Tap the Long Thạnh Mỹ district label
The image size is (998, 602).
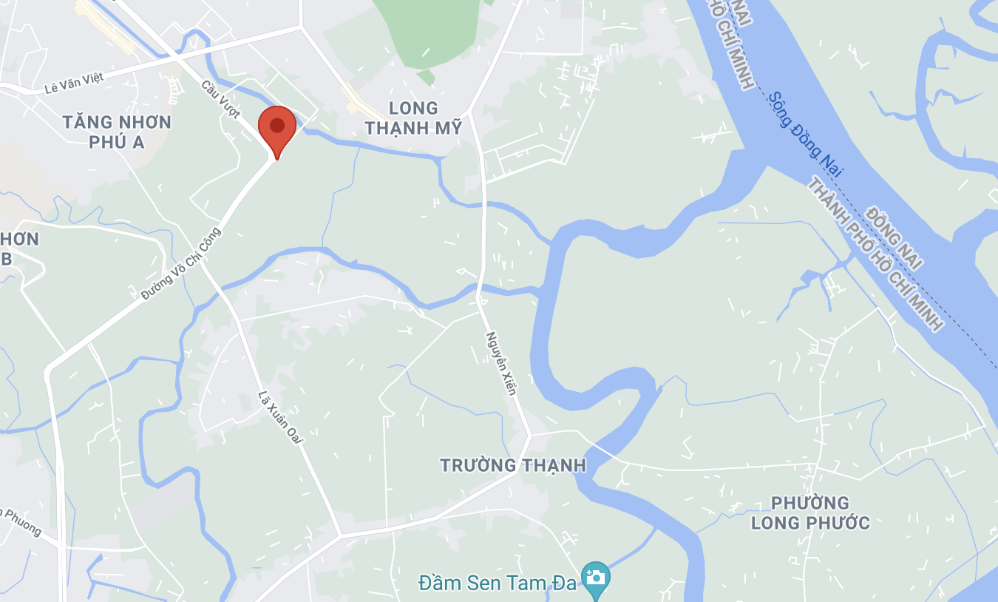413,118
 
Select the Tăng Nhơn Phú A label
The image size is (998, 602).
117,132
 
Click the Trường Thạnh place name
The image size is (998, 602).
513,465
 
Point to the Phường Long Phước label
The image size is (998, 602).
810,513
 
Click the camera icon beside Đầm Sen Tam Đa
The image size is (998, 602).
595,577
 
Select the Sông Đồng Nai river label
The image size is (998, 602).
805,135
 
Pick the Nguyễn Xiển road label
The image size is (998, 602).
500,362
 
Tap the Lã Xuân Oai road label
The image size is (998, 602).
281,418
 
